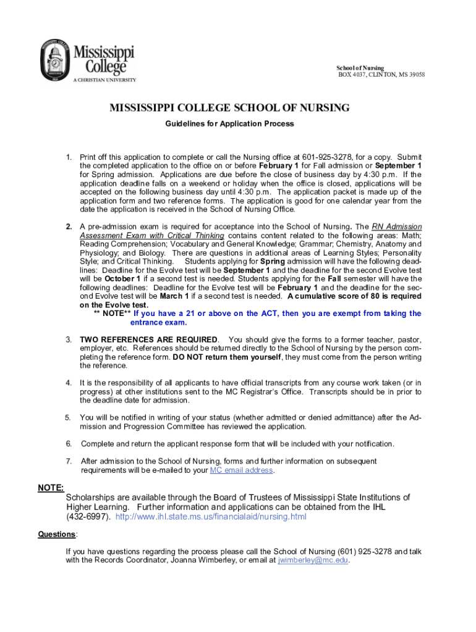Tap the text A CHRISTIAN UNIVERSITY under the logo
104,80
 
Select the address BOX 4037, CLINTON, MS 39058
381,75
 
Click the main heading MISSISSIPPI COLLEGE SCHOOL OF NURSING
229,108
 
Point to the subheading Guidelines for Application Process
229,123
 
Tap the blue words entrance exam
158,322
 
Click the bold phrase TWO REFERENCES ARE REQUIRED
148,340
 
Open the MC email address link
241,470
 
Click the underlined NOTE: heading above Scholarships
51,488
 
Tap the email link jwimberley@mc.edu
313,560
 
